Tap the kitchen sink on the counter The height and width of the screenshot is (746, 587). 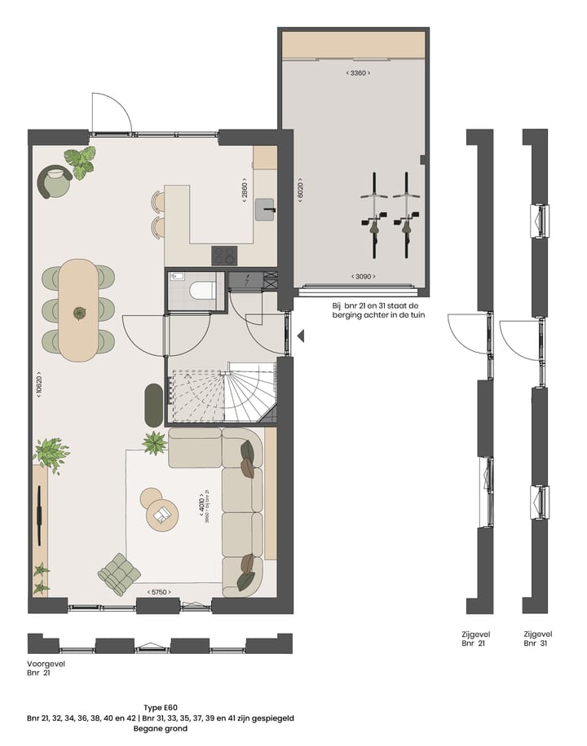[265, 210]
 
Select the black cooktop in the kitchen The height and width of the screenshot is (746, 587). [224, 256]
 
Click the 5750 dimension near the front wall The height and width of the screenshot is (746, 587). [160, 592]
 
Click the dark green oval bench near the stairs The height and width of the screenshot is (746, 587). [152, 403]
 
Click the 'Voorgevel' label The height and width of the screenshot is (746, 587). [46, 664]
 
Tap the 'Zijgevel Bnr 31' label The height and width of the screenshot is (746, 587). [538, 638]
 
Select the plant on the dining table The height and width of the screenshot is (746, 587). [79, 312]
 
